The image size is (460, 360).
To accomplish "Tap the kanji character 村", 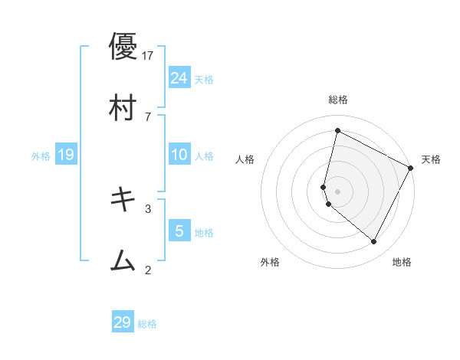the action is pyautogui.click(x=123, y=109).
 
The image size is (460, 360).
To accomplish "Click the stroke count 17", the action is pyautogui.click(x=148, y=56).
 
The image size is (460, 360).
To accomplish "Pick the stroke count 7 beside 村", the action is pyautogui.click(x=148, y=116).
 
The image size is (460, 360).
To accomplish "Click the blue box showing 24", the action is pyautogui.click(x=179, y=77).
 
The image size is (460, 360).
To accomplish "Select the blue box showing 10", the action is pyautogui.click(x=179, y=155).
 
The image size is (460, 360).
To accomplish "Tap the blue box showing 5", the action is pyautogui.click(x=179, y=231).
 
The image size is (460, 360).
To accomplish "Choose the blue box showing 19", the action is pyautogui.click(x=66, y=155).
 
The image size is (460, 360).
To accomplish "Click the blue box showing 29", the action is pyautogui.click(x=123, y=322).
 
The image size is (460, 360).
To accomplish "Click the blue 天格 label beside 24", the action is pyautogui.click(x=204, y=79).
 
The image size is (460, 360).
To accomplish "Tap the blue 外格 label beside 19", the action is pyautogui.click(x=41, y=156).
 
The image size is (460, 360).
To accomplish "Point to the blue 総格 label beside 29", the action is pyautogui.click(x=147, y=324).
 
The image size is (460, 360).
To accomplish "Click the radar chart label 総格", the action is pyautogui.click(x=338, y=100).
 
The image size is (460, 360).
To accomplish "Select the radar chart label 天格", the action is pyautogui.click(x=431, y=159).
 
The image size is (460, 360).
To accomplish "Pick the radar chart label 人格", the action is pyautogui.click(x=245, y=159).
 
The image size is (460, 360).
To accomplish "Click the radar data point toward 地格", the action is pyautogui.click(x=374, y=242).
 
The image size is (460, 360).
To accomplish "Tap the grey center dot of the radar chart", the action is pyautogui.click(x=338, y=191).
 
